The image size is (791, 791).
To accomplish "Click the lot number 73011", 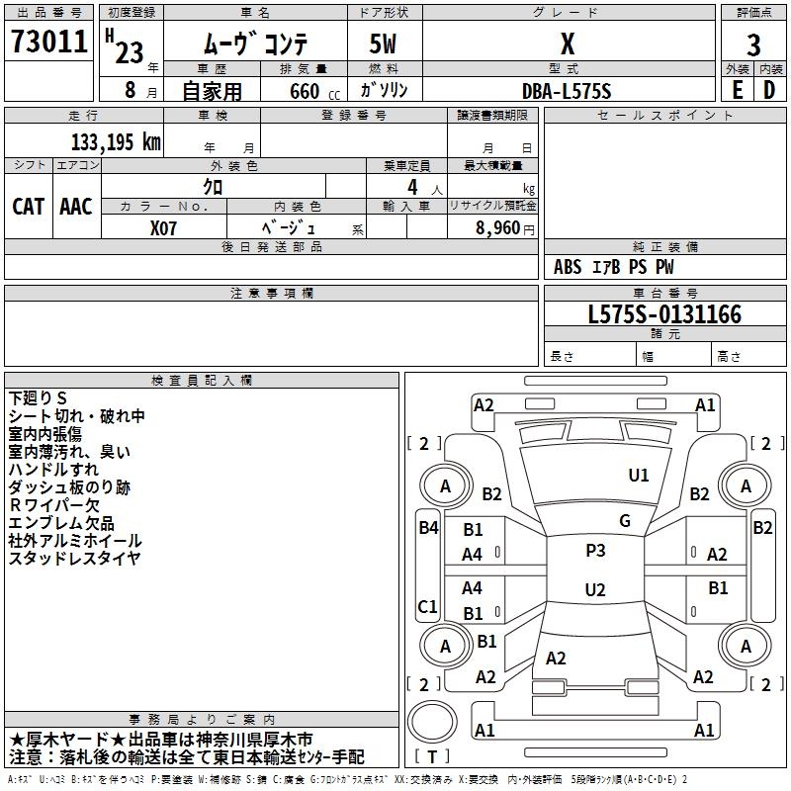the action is (48, 41).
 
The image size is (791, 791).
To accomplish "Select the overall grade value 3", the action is (753, 45).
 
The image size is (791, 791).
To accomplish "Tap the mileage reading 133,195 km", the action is (116, 142).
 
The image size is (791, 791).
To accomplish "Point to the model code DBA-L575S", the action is (567, 91).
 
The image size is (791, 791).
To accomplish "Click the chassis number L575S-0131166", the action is (664, 314).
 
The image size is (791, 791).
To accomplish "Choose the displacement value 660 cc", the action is (314, 92).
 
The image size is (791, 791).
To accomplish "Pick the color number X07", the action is (163, 228).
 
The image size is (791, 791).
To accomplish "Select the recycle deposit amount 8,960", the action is (497, 227).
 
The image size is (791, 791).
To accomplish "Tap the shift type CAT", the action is (29, 207).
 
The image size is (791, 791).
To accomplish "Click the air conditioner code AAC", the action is (76, 207).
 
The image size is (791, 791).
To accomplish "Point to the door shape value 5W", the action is (383, 44).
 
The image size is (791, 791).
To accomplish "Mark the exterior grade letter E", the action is (737, 90).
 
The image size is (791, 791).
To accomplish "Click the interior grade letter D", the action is (769, 90).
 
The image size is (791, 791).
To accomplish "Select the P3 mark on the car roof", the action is (595, 551).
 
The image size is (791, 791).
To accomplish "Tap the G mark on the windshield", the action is (625, 521).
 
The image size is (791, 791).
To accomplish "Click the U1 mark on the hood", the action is (639, 476).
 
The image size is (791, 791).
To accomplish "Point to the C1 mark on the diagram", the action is (427, 606).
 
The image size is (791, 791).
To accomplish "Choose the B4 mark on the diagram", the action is (429, 528).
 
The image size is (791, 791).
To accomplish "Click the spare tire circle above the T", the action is (432, 721).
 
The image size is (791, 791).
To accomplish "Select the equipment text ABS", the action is (568, 267).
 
